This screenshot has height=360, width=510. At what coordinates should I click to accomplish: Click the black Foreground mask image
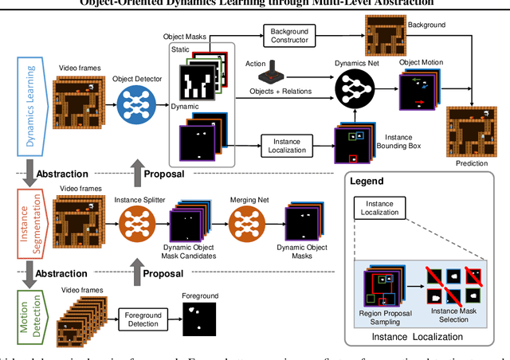point(199,319)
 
